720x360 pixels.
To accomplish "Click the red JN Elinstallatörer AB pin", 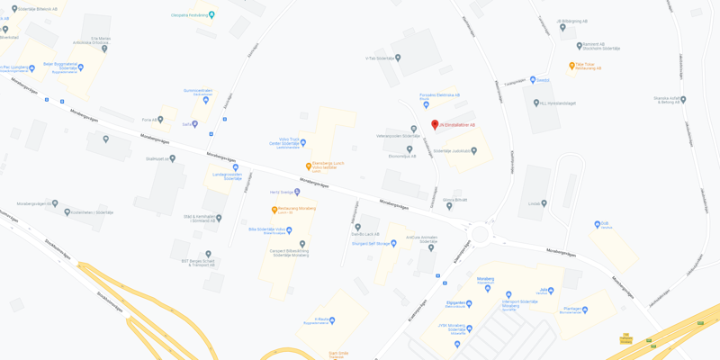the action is pos(435,125).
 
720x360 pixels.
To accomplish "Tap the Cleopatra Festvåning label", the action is pos(191,14).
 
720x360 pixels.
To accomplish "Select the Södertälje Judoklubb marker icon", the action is pos(474,151).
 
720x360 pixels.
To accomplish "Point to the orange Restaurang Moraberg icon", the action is pos(274,210).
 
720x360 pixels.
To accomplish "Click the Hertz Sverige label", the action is pos(283,192).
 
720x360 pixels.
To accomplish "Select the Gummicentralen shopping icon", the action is pos(206,100).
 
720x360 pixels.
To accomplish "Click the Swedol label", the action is pos(543,79).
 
